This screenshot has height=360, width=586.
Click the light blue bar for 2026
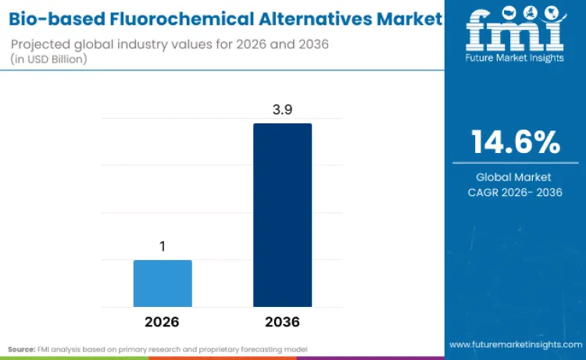tap(163, 283)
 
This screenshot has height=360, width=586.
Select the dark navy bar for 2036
tap(282, 215)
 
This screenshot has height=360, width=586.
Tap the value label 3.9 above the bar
tap(282, 109)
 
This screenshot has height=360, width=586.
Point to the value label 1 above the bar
tap(163, 247)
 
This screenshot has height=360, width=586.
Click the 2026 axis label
tap(163, 322)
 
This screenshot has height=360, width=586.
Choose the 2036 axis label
tap(282, 322)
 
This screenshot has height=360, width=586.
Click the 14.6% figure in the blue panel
tap(515, 143)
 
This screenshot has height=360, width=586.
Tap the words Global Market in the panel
tap(515, 177)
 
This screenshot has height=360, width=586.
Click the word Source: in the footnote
tap(23, 348)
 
